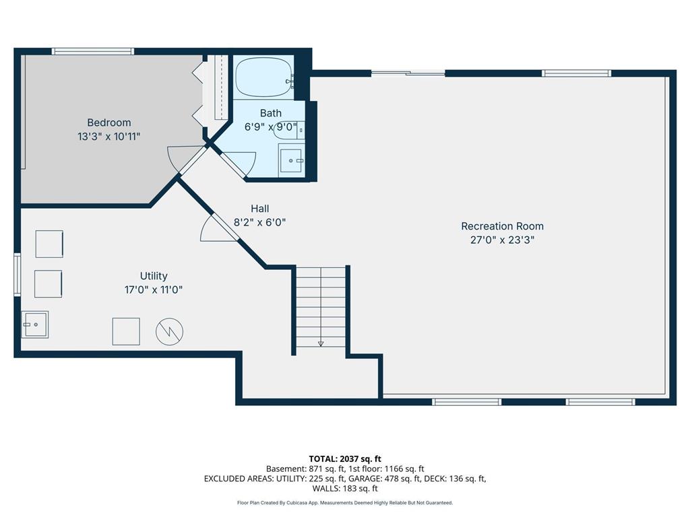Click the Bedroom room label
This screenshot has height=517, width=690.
point(108,123)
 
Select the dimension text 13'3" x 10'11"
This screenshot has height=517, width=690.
point(108,136)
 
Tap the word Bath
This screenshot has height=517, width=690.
point(271,113)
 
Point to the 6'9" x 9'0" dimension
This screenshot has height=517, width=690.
point(271,126)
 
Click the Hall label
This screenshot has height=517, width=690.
point(259,209)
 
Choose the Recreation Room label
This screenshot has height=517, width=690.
point(502,226)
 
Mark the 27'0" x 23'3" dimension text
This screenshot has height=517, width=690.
point(502,240)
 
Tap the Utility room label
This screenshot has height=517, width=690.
point(154,276)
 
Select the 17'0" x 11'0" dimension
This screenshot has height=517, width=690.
point(154,289)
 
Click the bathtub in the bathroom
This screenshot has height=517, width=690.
point(263,78)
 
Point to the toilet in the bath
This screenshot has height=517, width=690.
point(289,131)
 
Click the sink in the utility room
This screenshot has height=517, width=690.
point(34,324)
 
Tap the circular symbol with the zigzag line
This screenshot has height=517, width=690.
point(169,331)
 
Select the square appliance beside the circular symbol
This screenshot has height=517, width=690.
point(126,331)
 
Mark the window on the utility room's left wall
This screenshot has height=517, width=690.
point(18,275)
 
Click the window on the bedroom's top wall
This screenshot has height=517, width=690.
point(93,51)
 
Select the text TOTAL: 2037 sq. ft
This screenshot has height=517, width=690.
point(345,458)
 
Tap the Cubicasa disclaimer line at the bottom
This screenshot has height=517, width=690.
point(345,503)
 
